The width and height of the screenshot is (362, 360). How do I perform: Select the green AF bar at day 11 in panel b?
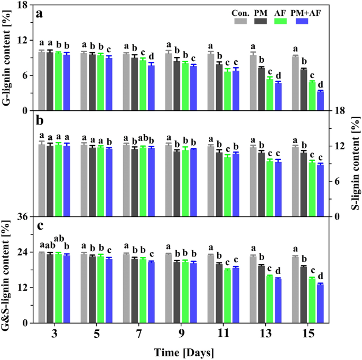click(227, 186)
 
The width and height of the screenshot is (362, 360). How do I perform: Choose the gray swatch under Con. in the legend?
click(240, 21)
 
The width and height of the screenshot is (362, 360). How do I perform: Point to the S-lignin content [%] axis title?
click(355, 164)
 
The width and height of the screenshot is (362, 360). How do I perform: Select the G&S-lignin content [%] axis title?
click(7, 270)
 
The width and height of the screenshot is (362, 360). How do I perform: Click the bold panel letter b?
click(39, 120)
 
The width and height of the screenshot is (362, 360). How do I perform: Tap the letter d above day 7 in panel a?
click(152, 56)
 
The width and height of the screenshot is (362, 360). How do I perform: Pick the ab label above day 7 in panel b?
click(143, 139)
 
